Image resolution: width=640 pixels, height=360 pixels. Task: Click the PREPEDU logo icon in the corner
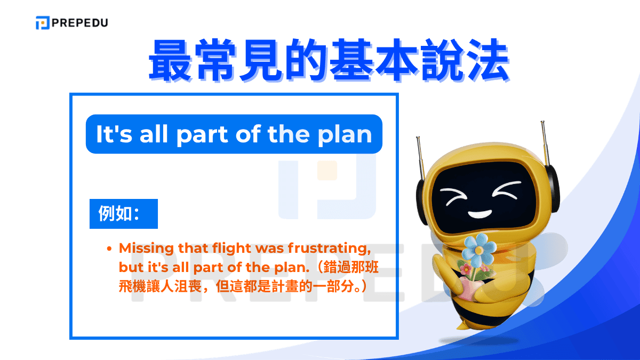tap(43, 23)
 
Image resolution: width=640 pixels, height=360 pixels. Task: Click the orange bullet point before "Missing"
tap(109, 249)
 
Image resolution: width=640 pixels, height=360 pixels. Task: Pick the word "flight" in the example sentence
tap(233, 248)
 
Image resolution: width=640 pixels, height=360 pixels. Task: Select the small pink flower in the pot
tap(465, 269)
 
